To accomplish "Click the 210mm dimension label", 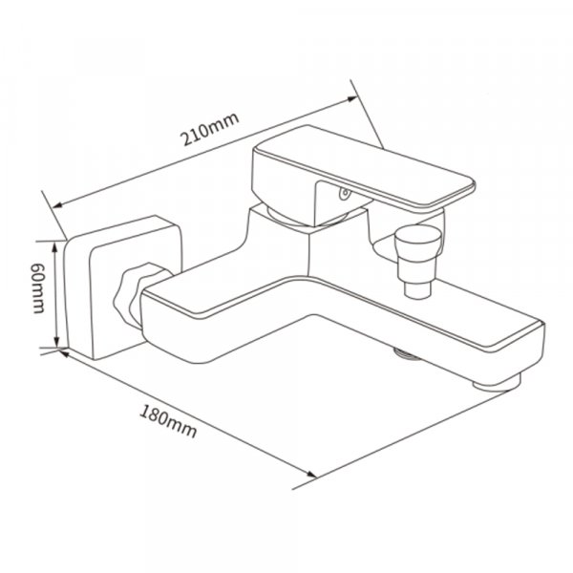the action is pos(211,129).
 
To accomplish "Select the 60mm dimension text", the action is pos(37,288).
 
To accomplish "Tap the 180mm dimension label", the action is pos(168,421).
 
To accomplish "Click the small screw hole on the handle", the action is pos(344,193).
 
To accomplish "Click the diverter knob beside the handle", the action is pos(417,244).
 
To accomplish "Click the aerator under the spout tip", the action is pos(497,383).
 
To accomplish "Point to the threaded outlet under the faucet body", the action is pos(405,353).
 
